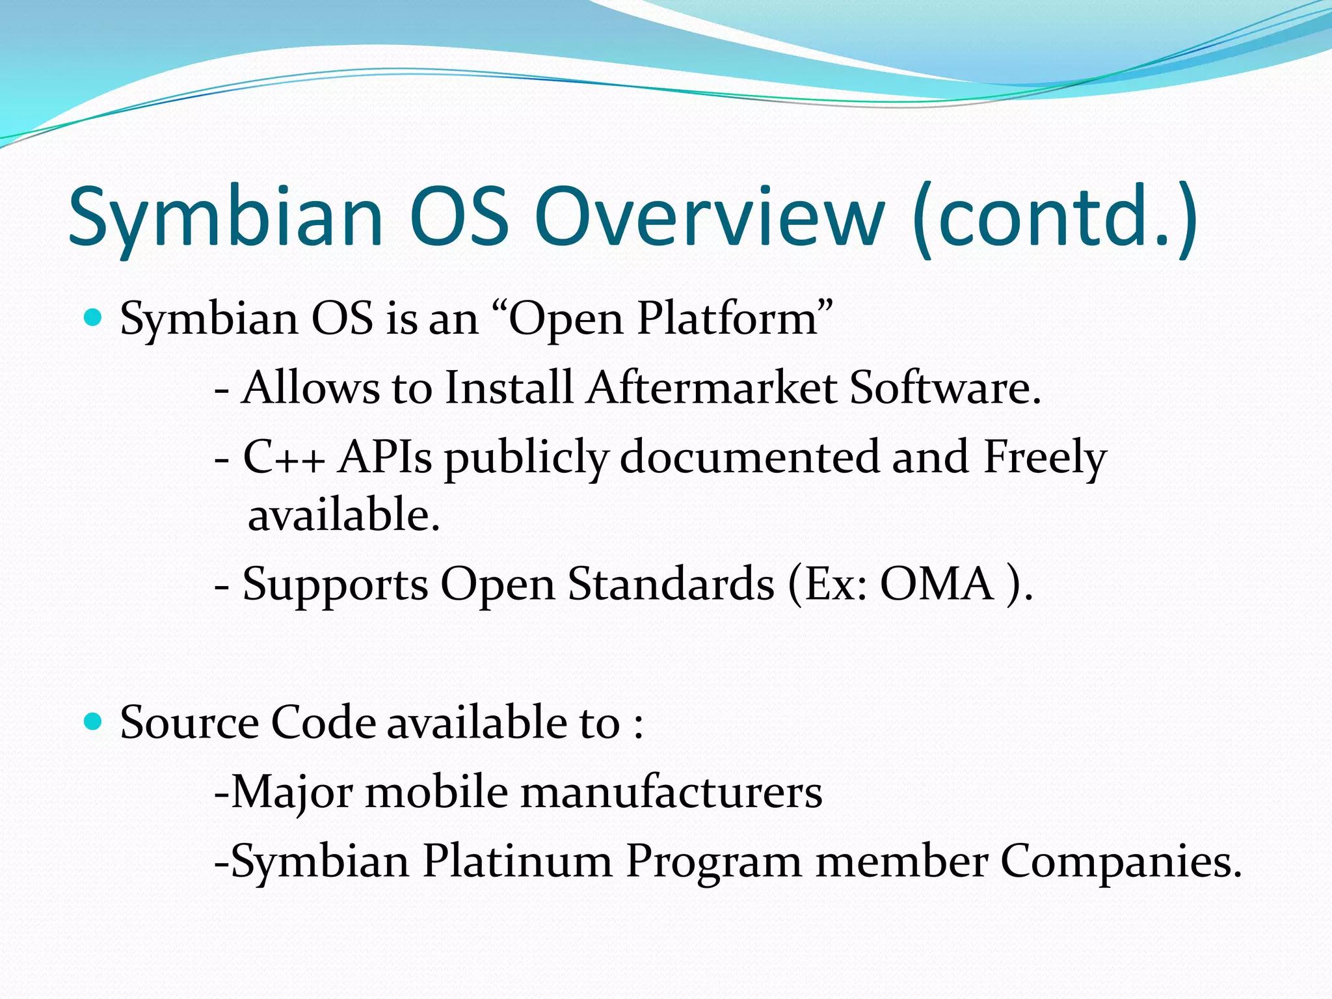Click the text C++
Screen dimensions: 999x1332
point(284,457)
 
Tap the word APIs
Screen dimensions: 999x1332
point(384,457)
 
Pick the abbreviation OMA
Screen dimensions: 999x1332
point(936,584)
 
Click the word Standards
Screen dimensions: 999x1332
point(671,584)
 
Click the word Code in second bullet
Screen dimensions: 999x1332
point(323,723)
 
